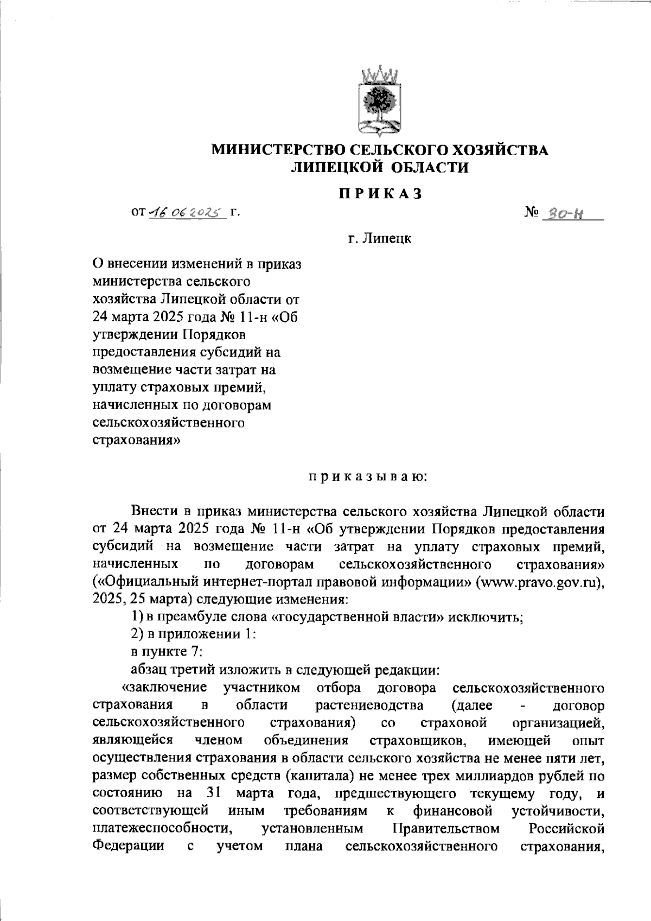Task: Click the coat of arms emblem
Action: pos(380,101)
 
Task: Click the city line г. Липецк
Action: pos(380,238)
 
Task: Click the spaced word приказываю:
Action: pos(369,477)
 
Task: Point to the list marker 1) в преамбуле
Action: pos(138,618)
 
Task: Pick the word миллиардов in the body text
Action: pos(497,776)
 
